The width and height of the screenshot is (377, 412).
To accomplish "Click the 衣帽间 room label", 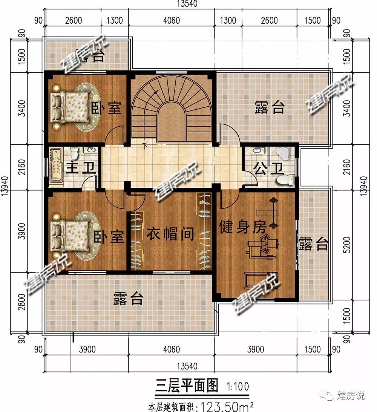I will pyautogui.click(x=170, y=234).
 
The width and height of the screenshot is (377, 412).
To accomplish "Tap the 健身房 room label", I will pyautogui.click(x=243, y=227).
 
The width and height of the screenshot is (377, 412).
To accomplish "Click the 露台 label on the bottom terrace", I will pyautogui.click(x=128, y=300).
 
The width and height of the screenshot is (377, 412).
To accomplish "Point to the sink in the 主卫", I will pyautogui.click(x=91, y=151).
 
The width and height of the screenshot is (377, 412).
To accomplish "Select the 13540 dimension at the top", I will pyautogui.click(x=187, y=4).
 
